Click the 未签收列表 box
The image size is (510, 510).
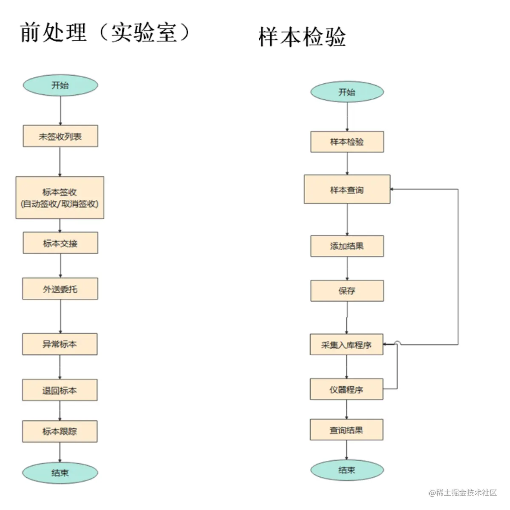point(60,136)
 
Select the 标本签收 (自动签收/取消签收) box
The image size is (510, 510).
point(60,198)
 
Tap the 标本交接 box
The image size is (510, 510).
point(60,243)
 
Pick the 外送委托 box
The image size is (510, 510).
point(60,289)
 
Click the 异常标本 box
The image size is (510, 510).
point(60,344)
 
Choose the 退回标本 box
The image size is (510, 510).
point(60,390)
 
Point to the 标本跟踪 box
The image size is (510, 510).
point(60,431)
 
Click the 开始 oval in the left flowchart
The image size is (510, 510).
point(60,85)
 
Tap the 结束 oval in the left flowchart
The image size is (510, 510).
point(60,473)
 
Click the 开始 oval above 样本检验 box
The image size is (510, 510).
point(347,92)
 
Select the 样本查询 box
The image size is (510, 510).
point(347,190)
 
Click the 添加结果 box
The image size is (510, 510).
point(347,246)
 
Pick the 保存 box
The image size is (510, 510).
point(347,291)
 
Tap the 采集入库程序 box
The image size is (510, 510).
point(346,345)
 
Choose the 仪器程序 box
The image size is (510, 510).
point(346,389)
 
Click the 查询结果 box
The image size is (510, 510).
point(346,430)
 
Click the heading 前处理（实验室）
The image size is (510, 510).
point(105,33)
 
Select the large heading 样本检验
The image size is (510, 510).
point(302,37)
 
